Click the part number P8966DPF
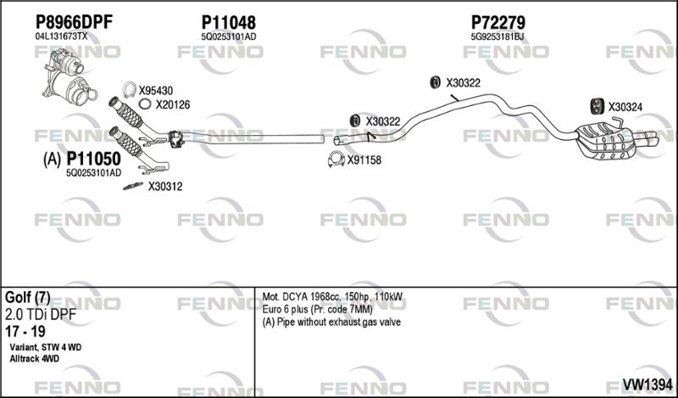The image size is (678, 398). pos(74,22)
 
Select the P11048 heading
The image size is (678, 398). pos(228,23)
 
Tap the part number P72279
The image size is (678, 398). pos(497,23)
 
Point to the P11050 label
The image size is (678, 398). pos(93,160)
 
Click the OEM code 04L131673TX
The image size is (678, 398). pos(61,36)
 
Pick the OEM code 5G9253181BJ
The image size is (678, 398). pos(497,37)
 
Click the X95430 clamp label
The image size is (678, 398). pos(156,91)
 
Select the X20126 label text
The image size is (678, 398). pos(173,105)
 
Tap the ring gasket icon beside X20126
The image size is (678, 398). pos(145,104)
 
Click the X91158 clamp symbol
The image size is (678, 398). pos(336,160)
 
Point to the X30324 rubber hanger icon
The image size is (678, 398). pos(597,107)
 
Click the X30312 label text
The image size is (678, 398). pos(165,187)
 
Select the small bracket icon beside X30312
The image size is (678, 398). pos(133,186)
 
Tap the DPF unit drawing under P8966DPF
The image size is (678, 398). pos(69,76)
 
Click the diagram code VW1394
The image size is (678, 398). pos(647,384)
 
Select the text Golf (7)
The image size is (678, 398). pos(27,298)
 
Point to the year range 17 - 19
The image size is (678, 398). pos(25,332)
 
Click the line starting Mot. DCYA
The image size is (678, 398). pos(332,297)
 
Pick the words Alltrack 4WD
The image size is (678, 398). pos(34,359)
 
